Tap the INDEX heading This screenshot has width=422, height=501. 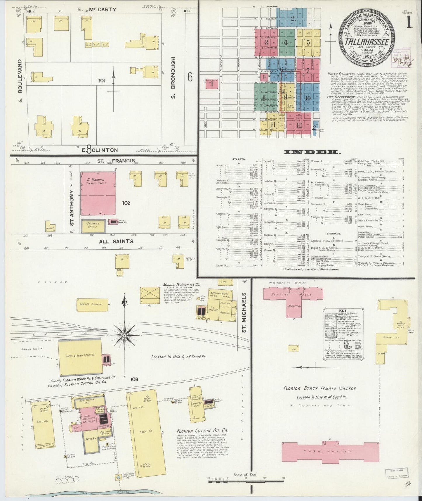click(x=312, y=152)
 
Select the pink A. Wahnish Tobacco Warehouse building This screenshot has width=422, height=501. click(x=98, y=193)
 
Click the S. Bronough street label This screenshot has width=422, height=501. click(x=173, y=78)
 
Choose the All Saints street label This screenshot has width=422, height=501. click(x=116, y=241)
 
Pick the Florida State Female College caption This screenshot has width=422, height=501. click(x=320, y=388)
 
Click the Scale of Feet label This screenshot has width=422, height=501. click(x=246, y=475)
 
